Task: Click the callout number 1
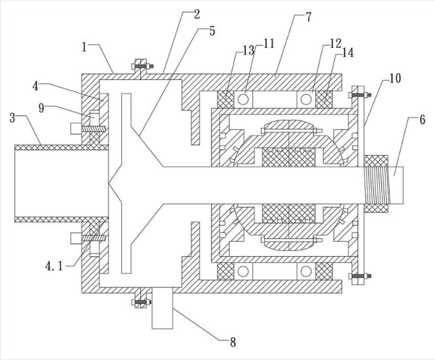coord(84,47)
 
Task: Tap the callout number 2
coord(197,14)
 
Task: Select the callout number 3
coord(12,118)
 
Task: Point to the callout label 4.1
coord(54,267)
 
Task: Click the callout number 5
coord(212,31)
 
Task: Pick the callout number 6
coord(422,120)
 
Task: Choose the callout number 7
coord(309,17)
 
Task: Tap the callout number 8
coord(233,342)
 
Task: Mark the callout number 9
coord(42,108)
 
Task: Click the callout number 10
coord(395,78)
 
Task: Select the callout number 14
coord(348,53)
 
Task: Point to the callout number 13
coord(249,51)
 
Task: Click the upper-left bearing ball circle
coord(243,99)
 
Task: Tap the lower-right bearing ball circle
coord(306,271)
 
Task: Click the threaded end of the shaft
coord(377,186)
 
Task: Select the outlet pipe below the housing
coord(162,308)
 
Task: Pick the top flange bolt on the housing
coord(142,67)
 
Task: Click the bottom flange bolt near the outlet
coord(141,302)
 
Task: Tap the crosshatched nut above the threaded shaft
coord(376,161)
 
